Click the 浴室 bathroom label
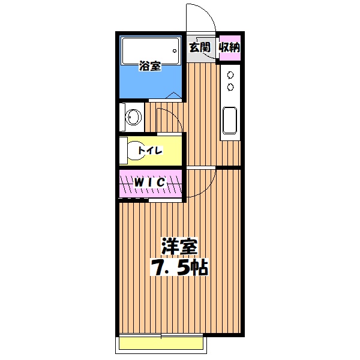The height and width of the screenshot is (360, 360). click(150, 66)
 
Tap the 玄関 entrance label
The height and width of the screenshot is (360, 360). click(199, 47)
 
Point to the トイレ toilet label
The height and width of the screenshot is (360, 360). click(150, 150)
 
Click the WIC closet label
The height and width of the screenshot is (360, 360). click(149, 181)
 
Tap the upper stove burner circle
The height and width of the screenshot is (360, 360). click(229, 76)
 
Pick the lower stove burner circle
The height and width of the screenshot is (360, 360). click(229, 88)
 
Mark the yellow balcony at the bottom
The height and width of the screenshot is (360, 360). click(163, 343)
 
